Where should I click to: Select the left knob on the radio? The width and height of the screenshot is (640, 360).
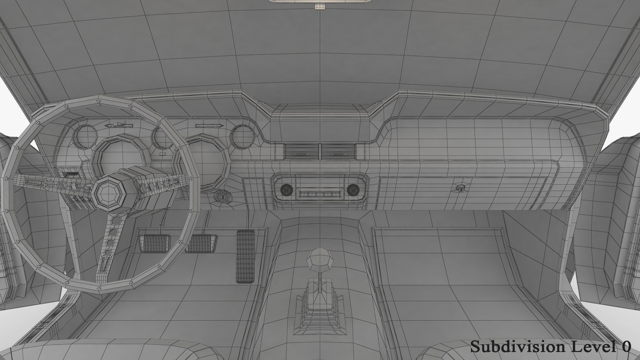[x=287, y=190]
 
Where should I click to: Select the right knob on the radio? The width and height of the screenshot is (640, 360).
[x=353, y=190]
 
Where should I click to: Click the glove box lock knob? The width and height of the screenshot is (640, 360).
[x=461, y=188]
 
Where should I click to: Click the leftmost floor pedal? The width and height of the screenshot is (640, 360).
[x=154, y=243]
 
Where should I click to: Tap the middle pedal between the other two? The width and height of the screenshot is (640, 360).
[x=201, y=243]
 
